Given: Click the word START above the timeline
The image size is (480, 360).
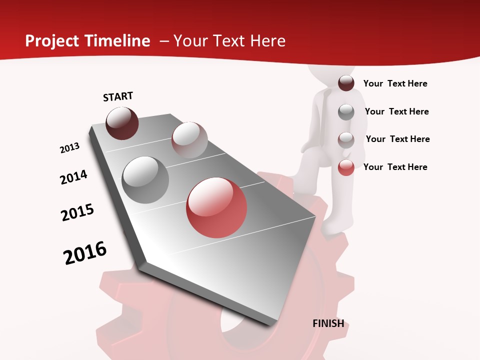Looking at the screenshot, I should [x=118, y=96].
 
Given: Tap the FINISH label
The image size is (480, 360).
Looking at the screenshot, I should [x=328, y=323].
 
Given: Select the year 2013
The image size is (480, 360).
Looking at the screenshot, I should [x=70, y=148].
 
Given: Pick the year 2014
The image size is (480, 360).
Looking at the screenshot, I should [x=74, y=177].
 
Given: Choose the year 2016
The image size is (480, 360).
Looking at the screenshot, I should [x=85, y=252].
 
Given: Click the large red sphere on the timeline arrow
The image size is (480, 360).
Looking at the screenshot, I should [x=216, y=207].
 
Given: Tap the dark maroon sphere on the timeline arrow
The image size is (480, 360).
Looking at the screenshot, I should [x=122, y=123].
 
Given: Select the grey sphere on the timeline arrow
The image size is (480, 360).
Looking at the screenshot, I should [x=145, y=179].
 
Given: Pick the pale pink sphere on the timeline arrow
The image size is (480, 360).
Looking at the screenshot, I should [x=189, y=139].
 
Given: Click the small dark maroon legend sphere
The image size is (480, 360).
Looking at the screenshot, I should [x=346, y=83].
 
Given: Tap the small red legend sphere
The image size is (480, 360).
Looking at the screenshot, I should [x=346, y=167].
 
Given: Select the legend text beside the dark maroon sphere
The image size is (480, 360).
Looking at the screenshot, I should [x=395, y=83].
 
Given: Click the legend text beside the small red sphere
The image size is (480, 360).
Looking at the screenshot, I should [x=395, y=167].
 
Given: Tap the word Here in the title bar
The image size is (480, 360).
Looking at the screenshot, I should [x=267, y=41].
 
